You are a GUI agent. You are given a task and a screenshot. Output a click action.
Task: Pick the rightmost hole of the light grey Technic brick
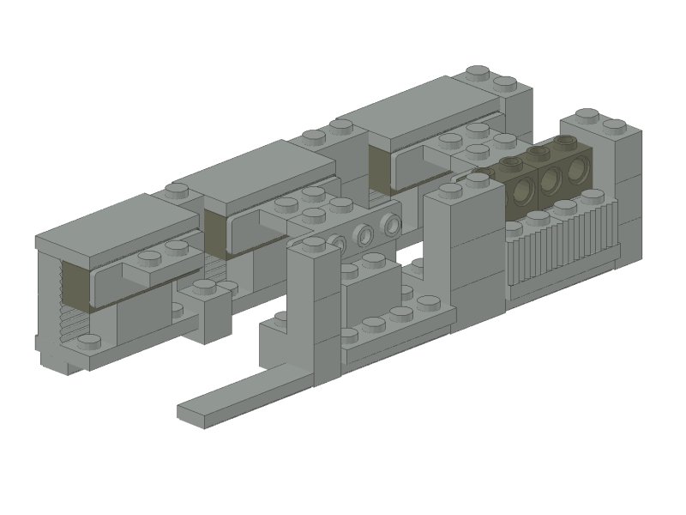[392, 225]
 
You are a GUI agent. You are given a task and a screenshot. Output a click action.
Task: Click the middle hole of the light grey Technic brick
[364, 235]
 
